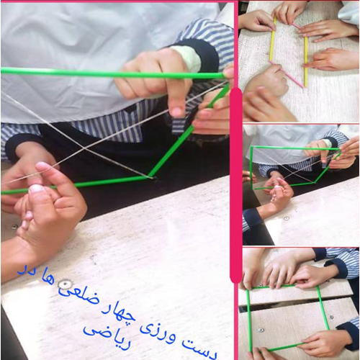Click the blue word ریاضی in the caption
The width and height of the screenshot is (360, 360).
pyautogui.click(x=107, y=337)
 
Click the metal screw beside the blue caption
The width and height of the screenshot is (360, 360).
pyautogui.click(x=65, y=284)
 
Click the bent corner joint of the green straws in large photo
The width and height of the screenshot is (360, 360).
pyautogui.click(x=149, y=177)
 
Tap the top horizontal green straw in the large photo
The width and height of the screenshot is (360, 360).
pyautogui.click(x=113, y=73)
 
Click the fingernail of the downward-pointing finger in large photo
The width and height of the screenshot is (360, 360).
pyautogui.click(x=176, y=112)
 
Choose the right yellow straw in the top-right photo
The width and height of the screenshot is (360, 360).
pyautogui.click(x=305, y=61)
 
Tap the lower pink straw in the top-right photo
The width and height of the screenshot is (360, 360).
pyautogui.click(x=287, y=74)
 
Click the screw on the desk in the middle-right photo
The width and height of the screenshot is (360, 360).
pyautogui.click(x=286, y=219)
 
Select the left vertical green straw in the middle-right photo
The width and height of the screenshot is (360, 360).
pyautogui.click(x=251, y=168)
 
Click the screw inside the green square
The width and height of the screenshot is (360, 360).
pyautogui.click(x=261, y=330)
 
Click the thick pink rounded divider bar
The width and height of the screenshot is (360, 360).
pyautogui.click(x=236, y=186)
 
